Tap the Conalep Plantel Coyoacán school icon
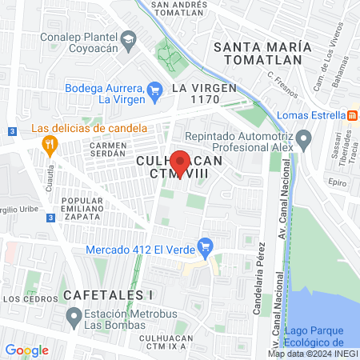127,38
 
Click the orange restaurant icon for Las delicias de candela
49,145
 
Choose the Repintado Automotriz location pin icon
304,142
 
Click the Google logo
26,350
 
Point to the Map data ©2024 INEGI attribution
312,354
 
